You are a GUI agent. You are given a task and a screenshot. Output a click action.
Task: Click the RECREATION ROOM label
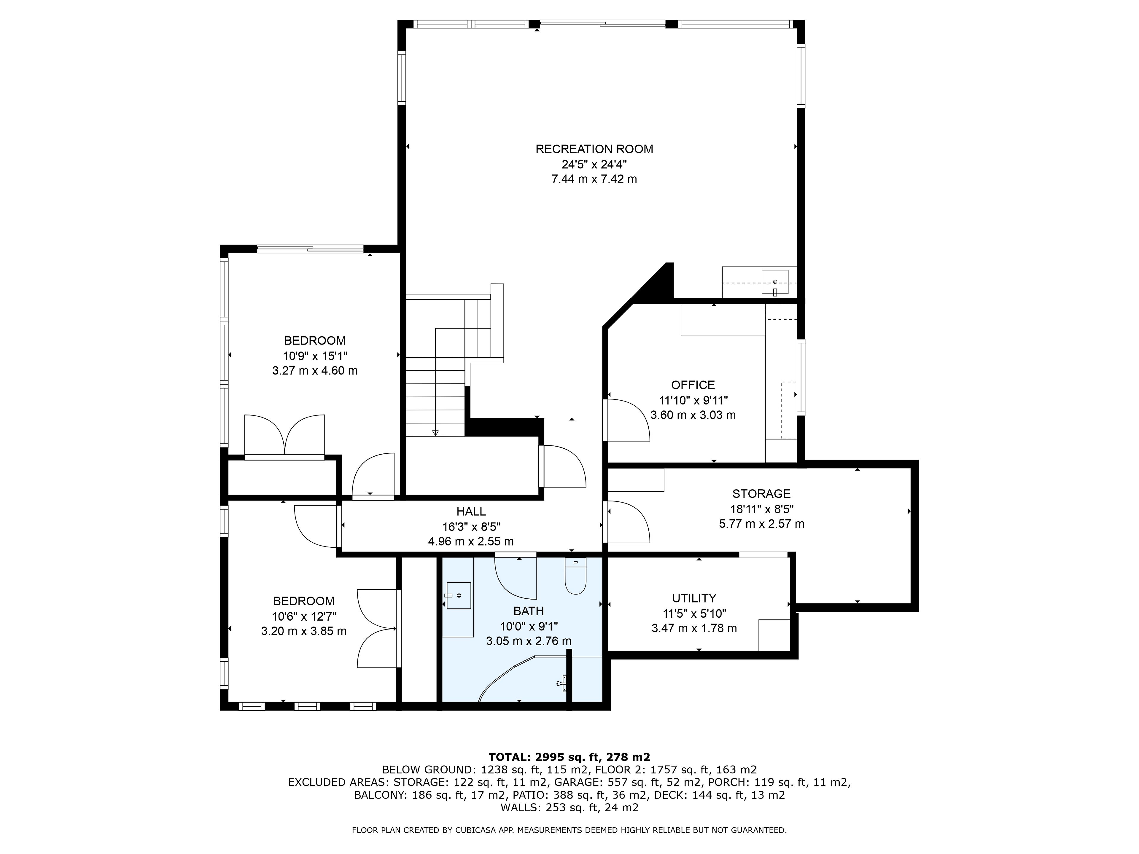[594, 149]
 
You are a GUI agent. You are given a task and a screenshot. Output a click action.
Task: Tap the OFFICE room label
[693, 385]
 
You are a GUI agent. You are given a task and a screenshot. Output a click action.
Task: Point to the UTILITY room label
[694, 598]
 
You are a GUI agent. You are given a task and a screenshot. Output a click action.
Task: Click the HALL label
[471, 511]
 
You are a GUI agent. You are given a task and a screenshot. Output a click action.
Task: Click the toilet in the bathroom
[576, 576]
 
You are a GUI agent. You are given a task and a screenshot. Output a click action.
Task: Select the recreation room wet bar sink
[775, 283]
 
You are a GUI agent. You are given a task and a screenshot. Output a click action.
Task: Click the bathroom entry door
[516, 576]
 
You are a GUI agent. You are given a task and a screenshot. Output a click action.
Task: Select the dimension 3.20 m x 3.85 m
[304, 631]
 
